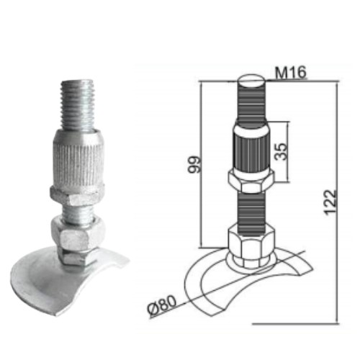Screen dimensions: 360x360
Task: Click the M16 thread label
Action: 290,72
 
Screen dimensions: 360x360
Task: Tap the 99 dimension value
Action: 194,165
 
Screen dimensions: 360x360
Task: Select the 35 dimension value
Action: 281,151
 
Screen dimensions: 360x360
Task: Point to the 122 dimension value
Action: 330,202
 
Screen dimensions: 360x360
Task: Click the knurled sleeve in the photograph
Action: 78,158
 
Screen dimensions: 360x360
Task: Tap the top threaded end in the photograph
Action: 77,105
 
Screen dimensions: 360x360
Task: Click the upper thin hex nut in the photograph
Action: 77,196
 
